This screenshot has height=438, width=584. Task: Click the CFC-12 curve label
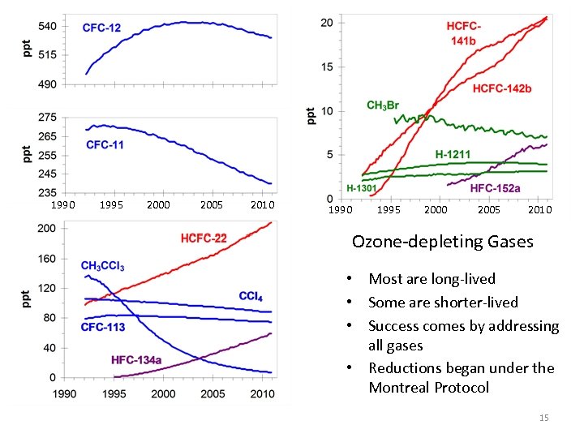tap(102, 28)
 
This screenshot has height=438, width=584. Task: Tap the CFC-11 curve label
tap(105, 145)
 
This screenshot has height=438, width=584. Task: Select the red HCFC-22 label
tap(203, 238)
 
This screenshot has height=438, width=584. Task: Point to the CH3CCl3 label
tap(102, 266)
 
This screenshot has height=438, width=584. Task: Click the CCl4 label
tap(250, 297)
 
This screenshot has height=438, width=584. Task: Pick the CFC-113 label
tap(103, 327)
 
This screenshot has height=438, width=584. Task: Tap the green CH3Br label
tap(383, 105)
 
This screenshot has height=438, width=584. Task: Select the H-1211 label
tap(453, 154)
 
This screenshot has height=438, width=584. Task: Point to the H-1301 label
tap(362, 187)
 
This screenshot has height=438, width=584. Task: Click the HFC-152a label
tap(496, 187)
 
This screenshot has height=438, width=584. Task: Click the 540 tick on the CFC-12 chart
tap(47, 26)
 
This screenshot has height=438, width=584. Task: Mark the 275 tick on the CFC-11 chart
tap(47, 118)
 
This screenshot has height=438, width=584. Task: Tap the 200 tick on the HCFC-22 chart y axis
tap(47, 228)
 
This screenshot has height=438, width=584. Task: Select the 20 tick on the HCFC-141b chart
tap(327, 22)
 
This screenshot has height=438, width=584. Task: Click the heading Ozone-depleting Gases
tap(442, 242)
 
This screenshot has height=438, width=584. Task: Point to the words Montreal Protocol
tap(428, 388)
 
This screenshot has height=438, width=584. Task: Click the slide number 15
tap(543, 418)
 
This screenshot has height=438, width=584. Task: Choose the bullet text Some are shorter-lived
tap(443, 303)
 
